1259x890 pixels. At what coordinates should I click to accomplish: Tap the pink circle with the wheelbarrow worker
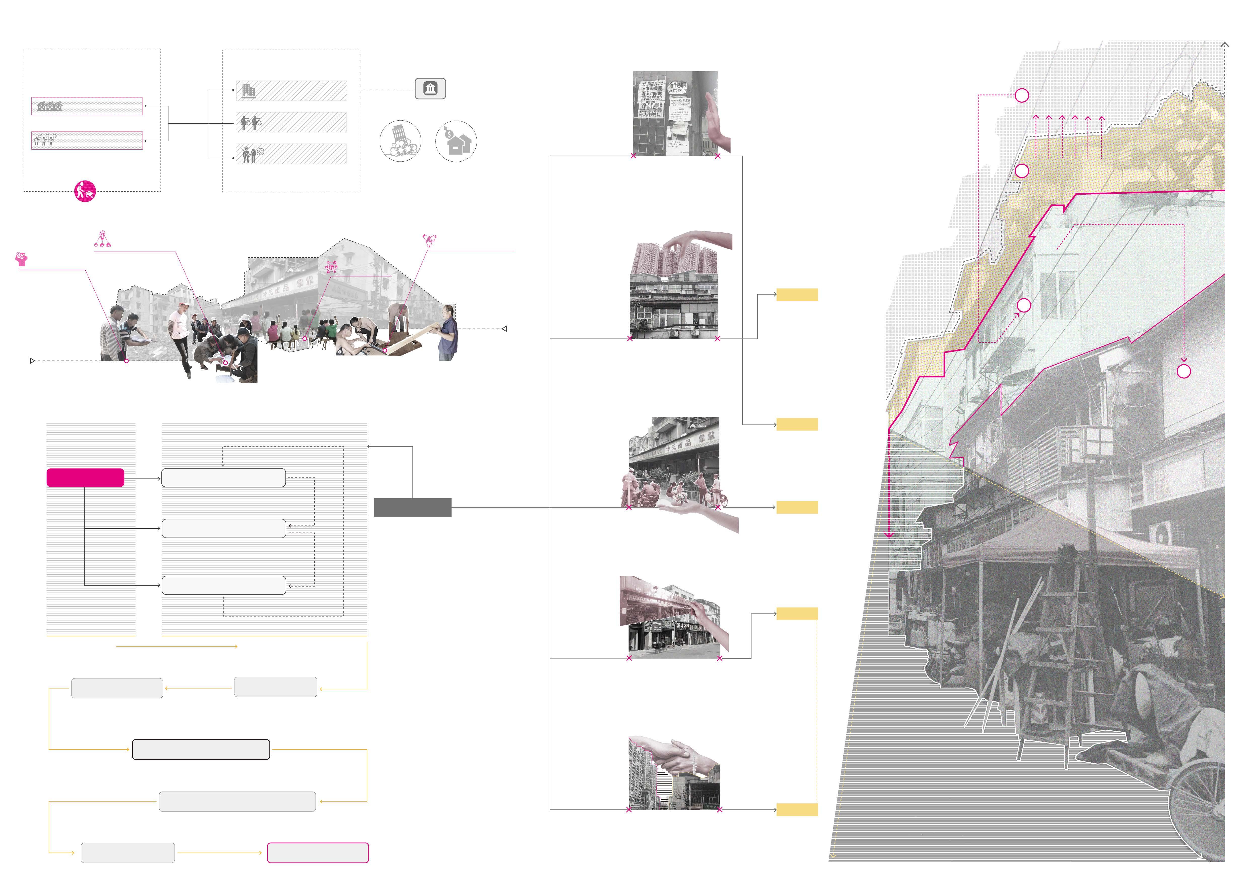pyautogui.click(x=85, y=191)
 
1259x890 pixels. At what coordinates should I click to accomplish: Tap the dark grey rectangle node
pyautogui.click(x=412, y=507)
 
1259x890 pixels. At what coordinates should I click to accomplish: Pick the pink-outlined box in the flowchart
pyautogui.click(x=318, y=853)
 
